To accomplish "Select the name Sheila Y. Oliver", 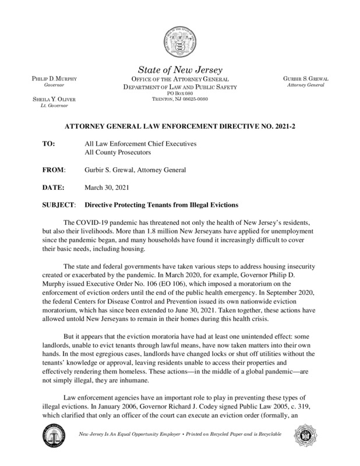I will click(50, 100).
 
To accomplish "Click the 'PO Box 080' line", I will click(179, 93).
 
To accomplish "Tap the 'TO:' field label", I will click(50, 143).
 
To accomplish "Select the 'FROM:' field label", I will click(54, 170).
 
